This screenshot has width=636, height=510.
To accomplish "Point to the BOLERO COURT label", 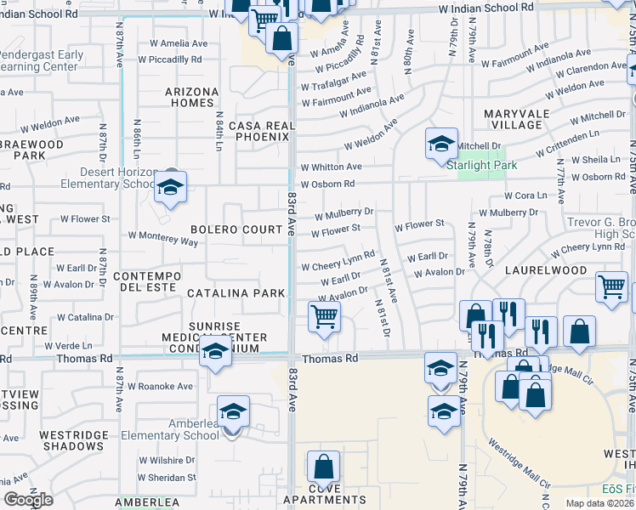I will coord(236,229).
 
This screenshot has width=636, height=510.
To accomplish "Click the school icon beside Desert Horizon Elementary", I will coord(170,188).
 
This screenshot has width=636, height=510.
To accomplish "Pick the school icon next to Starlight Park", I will coord(441,144).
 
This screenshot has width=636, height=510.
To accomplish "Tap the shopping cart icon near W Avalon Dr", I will coord(324,318).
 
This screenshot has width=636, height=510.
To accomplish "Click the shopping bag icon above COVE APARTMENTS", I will coord(323,467).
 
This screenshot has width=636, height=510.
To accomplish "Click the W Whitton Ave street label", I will coord(331,167).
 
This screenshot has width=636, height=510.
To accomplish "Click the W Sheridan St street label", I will coord(168,478).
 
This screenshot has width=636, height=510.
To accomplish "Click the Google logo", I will coord(28,500).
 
